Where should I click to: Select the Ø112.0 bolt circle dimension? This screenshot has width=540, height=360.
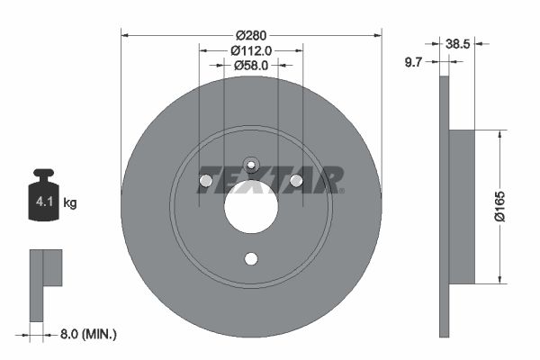pos(251,50)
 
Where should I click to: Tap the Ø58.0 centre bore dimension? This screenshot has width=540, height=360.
pos(251,65)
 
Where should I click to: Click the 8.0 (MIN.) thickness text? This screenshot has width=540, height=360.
pos(87,334)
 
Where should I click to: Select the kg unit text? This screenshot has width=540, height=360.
pos(70,203)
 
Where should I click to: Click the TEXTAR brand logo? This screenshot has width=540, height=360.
pos(271,179)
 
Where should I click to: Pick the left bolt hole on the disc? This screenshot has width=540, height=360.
pos(206,182)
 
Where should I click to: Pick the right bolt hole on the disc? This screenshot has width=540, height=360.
pos(296,182)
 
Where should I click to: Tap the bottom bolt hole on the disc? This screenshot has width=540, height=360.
pos(251,259)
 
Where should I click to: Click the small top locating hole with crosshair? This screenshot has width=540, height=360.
pos(251,165)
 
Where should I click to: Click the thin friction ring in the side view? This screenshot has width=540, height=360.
pos(443,207)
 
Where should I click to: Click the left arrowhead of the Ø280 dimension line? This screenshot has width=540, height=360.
pos(125,35)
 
